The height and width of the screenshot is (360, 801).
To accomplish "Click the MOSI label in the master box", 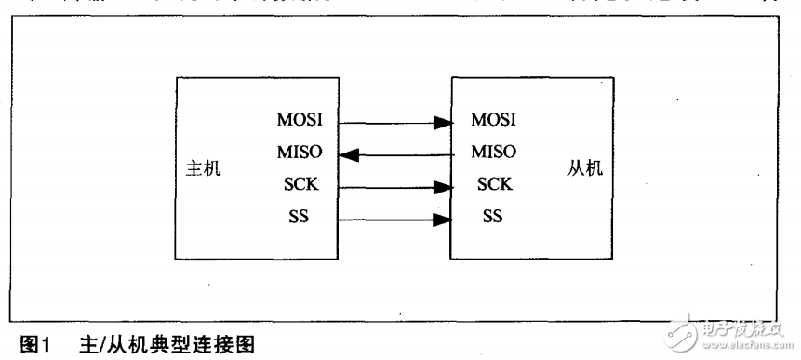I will pos(300,121).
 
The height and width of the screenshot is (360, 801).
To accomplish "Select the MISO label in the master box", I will pos(300,153).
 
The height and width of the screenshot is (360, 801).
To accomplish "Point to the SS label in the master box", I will pos(300,219).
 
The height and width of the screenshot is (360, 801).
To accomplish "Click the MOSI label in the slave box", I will pos(494,121).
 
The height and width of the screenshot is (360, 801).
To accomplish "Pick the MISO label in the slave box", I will pos(494,152).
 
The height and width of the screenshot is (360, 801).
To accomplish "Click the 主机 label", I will pos(206,169).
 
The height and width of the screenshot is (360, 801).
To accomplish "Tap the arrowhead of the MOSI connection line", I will pos(444,121).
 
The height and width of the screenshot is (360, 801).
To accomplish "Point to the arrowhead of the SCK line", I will pos(444,187).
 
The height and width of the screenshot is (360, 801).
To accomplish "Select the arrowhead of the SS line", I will pos(444,220).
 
